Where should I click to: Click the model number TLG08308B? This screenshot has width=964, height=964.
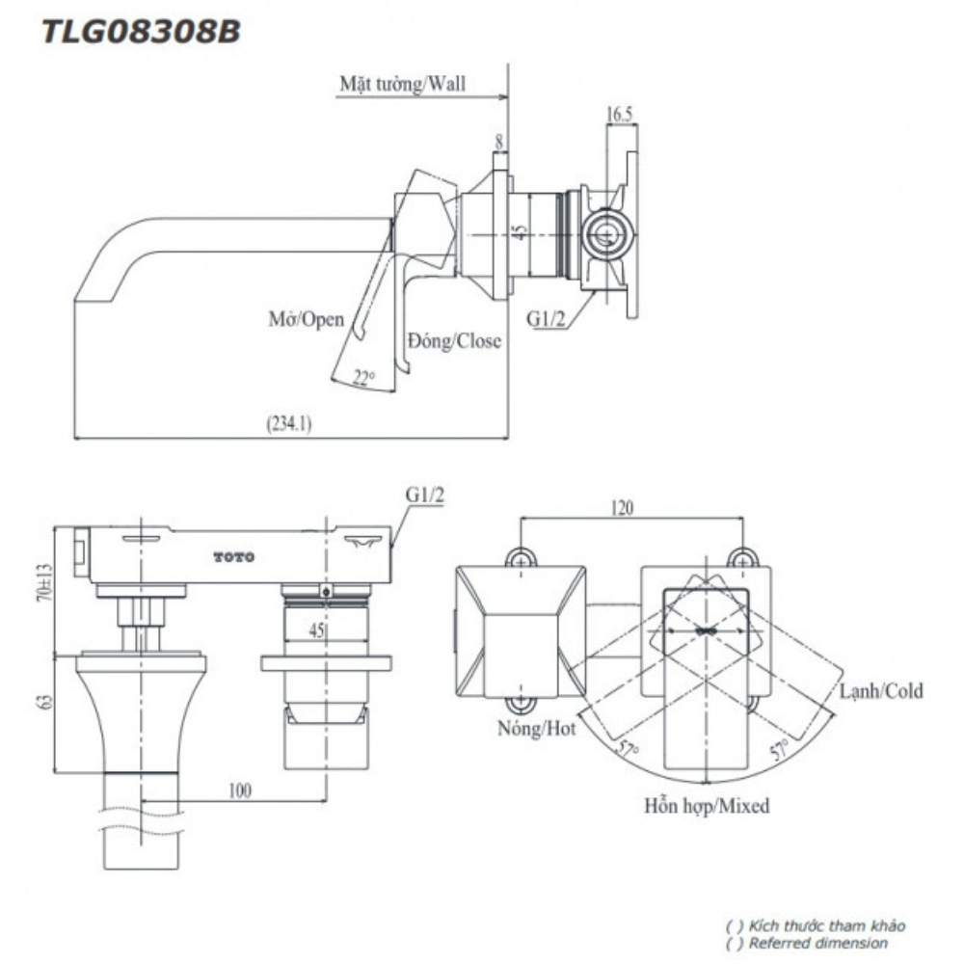(x=140, y=32)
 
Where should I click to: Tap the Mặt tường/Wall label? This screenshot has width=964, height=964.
(x=402, y=83)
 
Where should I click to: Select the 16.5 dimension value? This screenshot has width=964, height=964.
(x=619, y=115)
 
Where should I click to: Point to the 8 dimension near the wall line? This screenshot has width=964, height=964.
(x=498, y=141)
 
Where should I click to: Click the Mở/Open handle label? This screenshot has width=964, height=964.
(x=306, y=319)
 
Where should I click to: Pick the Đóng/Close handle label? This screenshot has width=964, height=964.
(x=454, y=340)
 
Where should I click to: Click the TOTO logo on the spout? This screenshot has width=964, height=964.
(x=234, y=557)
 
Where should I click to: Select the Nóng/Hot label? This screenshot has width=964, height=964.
(x=537, y=728)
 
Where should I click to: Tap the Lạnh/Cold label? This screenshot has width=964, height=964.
(x=881, y=690)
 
